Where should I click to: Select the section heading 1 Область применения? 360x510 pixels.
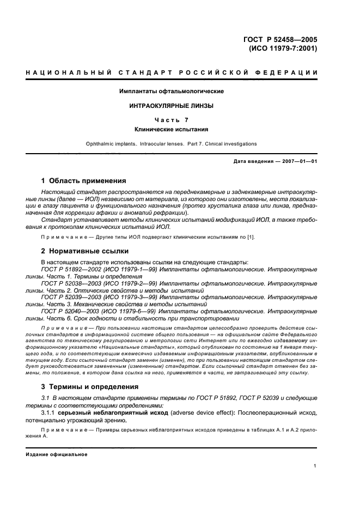(x=84, y=180)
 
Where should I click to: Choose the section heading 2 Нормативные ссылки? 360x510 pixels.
(x=85, y=251)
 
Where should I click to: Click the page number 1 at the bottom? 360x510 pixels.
(x=316, y=466)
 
